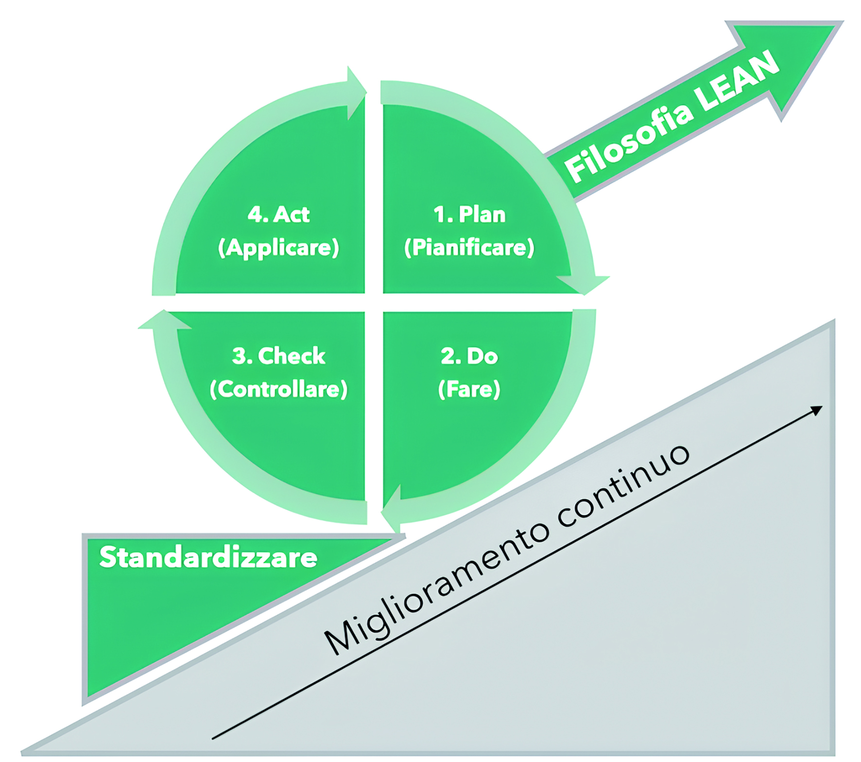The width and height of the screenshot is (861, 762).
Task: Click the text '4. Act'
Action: tap(278, 214)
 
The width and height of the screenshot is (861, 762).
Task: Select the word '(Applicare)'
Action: tap(278, 248)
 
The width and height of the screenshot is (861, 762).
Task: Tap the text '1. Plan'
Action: tap(469, 214)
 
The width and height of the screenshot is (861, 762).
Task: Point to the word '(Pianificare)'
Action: tap(469, 248)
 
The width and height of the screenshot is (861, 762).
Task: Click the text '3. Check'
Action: tap(278, 356)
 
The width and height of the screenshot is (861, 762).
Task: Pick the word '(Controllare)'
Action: tap(278, 389)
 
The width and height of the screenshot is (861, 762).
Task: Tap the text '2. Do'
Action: tap(469, 356)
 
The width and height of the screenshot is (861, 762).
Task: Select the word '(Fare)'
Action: tap(469, 389)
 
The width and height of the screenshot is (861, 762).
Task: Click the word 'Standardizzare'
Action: tap(208, 557)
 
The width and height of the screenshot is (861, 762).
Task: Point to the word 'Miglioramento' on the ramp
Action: tap(437, 588)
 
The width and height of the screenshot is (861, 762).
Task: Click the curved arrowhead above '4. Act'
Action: tap(356, 92)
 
